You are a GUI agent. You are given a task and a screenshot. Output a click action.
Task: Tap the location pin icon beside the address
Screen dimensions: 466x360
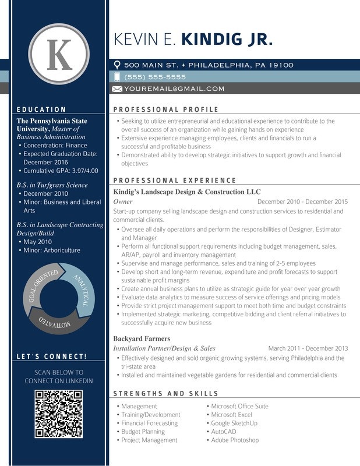point(117,65)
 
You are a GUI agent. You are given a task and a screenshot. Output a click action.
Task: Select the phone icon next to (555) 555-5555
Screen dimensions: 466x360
point(117,77)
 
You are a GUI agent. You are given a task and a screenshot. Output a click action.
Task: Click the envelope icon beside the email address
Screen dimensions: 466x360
point(117,89)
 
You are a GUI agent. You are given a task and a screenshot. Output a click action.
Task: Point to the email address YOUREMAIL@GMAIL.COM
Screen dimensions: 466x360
point(174,89)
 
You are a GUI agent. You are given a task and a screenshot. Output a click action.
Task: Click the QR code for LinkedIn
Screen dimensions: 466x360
point(59,414)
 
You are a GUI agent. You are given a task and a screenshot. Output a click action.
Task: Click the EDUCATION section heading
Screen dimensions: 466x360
point(41,110)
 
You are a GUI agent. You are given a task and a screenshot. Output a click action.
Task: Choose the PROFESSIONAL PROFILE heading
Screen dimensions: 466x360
point(165,110)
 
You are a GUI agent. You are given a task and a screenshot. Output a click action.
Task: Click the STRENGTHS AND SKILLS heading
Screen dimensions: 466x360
point(165,394)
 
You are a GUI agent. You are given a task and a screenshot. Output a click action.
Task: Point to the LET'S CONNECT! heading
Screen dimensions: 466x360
point(52,356)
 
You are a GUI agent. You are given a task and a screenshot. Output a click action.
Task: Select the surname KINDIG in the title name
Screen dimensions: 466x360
point(207,39)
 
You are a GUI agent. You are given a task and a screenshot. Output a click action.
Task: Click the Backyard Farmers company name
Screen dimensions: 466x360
point(142,338)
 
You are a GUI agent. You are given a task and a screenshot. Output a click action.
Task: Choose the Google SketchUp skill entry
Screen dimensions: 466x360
point(234,423)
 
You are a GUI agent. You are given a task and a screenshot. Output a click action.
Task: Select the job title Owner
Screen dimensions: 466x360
point(122,202)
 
